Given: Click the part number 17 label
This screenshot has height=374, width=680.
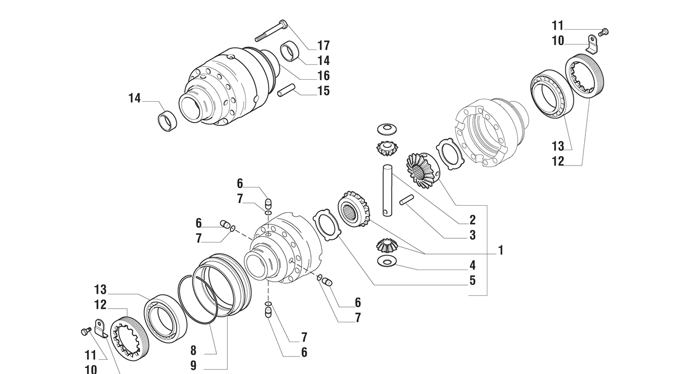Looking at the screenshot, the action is click(323, 46).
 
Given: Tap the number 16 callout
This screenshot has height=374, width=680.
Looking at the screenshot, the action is click(323, 75).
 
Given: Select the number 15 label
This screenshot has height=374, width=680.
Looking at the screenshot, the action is click(323, 91).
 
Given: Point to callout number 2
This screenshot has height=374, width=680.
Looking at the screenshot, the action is click(473, 220).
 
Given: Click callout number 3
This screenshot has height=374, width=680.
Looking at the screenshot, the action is click(473, 235).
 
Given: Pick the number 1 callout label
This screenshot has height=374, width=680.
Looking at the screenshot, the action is click(501, 250).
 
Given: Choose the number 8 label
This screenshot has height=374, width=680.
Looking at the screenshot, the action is click(193, 351).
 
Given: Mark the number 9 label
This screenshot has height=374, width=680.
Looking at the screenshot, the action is click(193, 366).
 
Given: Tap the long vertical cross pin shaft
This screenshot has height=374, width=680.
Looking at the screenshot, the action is click(387, 190).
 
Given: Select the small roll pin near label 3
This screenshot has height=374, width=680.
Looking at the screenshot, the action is click(406, 200).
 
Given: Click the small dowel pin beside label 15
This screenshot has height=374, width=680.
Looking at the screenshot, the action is click(286, 90).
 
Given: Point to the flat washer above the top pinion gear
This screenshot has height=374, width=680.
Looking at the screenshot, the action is click(387, 129).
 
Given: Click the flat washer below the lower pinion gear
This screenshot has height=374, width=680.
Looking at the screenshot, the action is click(387, 261).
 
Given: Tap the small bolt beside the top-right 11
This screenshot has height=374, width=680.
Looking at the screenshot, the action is click(604, 32).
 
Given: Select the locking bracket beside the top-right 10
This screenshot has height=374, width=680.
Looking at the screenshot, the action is click(591, 45).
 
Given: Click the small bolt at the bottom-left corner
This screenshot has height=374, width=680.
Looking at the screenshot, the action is click(86, 331).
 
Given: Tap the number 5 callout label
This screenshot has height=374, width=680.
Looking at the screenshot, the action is click(473, 280).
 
